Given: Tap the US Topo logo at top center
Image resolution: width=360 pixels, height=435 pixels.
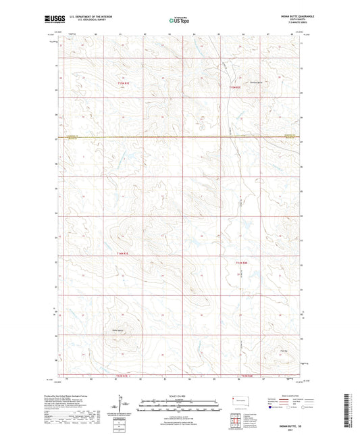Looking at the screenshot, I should [x=179, y=21].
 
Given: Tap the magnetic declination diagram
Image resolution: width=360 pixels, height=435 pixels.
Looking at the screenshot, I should [x=124, y=404].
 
